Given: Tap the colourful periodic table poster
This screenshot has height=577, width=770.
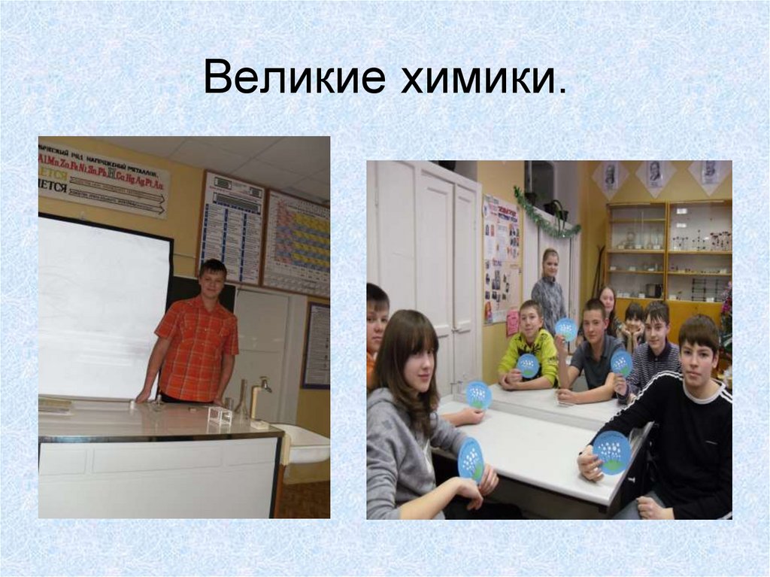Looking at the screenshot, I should pyautogui.click(x=297, y=242).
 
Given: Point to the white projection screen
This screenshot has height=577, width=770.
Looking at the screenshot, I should pyautogui.click(x=104, y=307).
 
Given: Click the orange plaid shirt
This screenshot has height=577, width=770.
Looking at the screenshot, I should pyautogui.click(x=196, y=348).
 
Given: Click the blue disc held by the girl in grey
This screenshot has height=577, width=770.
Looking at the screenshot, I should pyautogui.click(x=471, y=460).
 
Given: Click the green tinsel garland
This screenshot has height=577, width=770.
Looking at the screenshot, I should pyautogui.click(x=547, y=215).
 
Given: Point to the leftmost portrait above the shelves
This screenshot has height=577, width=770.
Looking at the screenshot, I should pyautogui.click(x=610, y=177).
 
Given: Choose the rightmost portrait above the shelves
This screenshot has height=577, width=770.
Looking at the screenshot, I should pyautogui.click(x=709, y=172).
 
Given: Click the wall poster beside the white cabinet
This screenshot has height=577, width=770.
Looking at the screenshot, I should pyautogui.click(x=501, y=259).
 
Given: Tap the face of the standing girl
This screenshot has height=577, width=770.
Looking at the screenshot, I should pyautogui.click(x=550, y=265).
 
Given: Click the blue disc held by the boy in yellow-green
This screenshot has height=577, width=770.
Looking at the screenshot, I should pyautogui.click(x=529, y=366).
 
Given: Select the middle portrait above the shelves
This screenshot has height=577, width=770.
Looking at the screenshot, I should pyautogui.click(x=655, y=175).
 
